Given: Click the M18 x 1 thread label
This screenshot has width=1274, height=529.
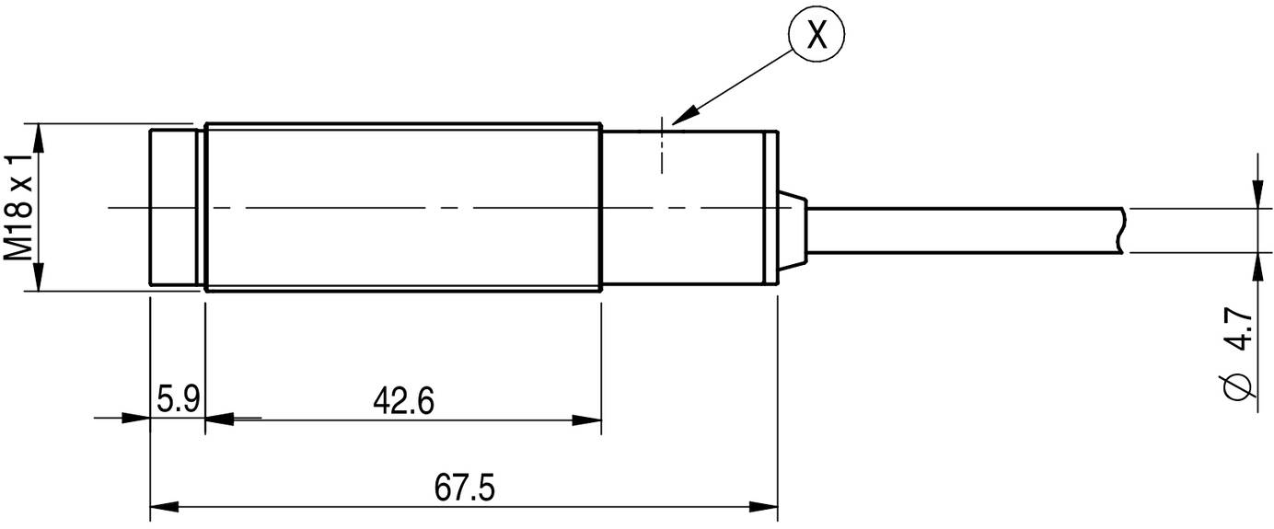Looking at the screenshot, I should [20, 208].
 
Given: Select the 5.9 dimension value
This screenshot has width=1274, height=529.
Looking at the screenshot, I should [174, 401].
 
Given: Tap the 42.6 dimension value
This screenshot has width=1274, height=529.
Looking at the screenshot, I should [403, 401].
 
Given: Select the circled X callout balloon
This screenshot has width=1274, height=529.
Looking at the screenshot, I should [816, 37].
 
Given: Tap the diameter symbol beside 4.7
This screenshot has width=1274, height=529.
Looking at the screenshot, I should [1239, 387].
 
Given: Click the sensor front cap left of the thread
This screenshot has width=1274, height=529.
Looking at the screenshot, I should [173, 208].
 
